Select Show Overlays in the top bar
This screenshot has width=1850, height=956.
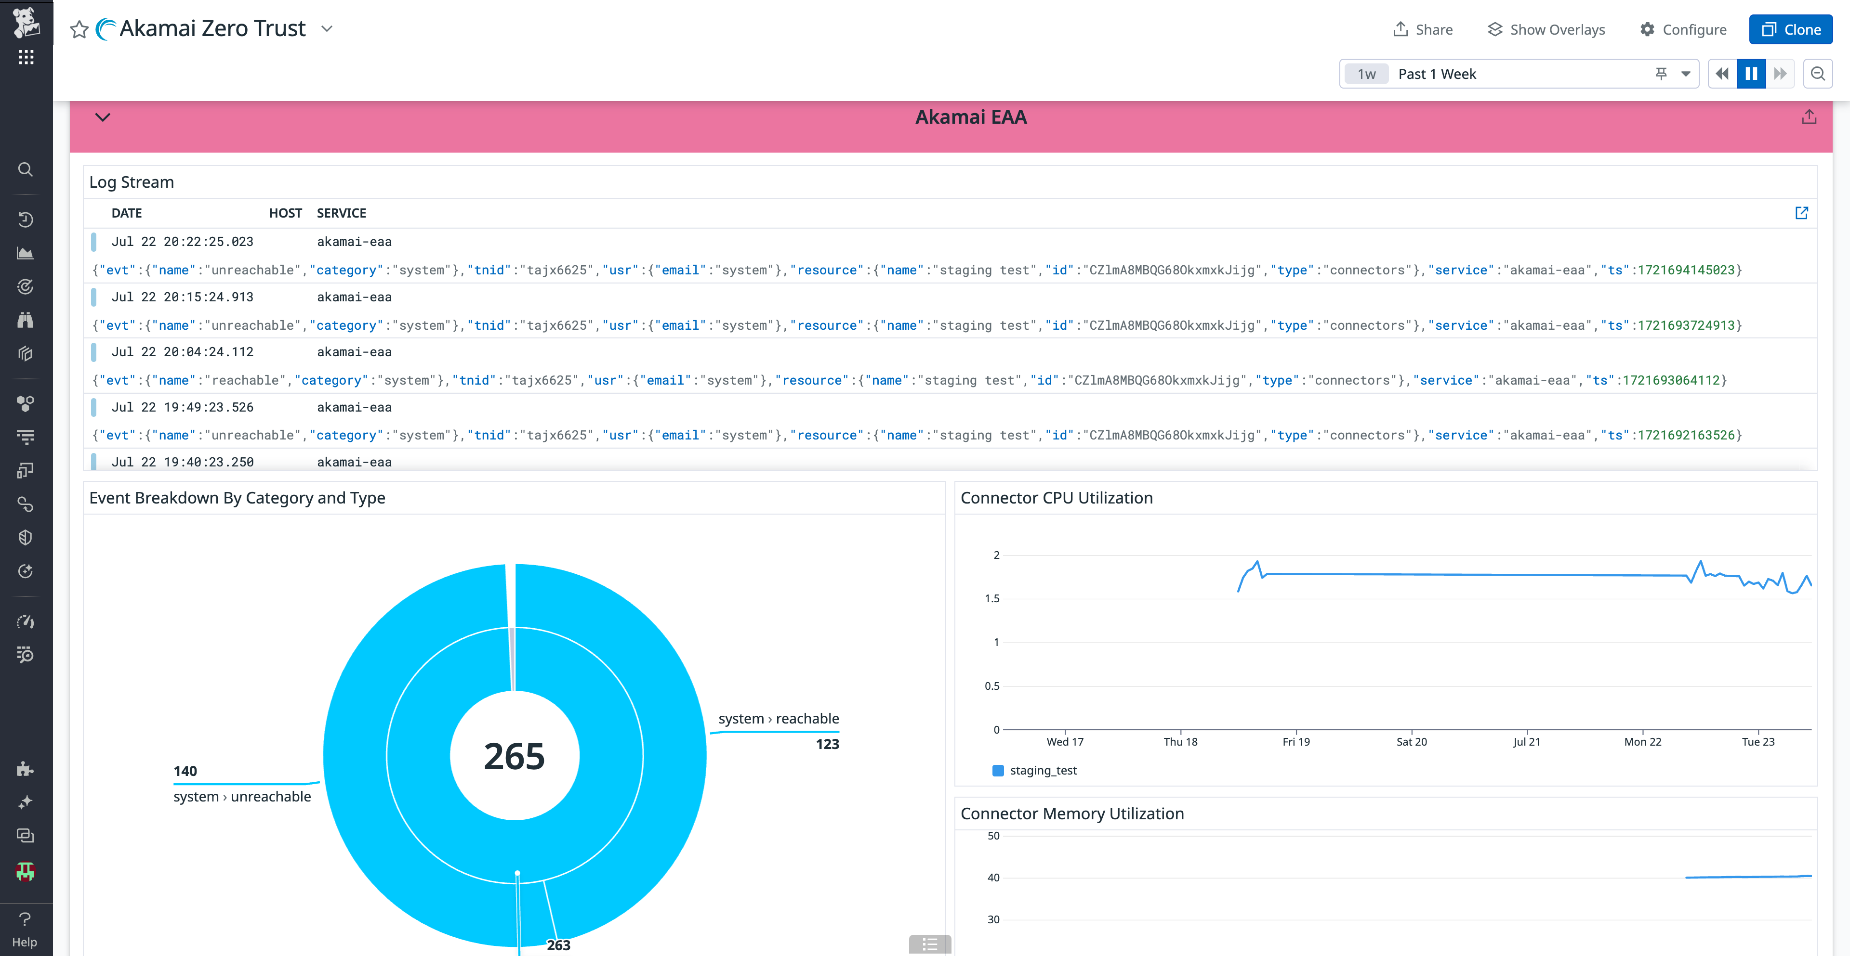(x=1546, y=29)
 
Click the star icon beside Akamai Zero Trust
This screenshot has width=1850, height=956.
(x=79, y=29)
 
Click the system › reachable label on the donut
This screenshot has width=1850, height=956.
(x=779, y=718)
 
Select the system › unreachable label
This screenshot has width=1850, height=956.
(x=242, y=797)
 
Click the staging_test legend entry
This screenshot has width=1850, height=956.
(x=1043, y=770)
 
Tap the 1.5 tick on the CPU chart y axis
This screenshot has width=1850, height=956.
(x=992, y=598)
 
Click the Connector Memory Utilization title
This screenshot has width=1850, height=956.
(x=1071, y=813)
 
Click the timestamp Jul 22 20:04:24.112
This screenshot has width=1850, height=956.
(x=183, y=352)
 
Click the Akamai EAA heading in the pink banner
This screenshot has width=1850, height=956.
(x=970, y=117)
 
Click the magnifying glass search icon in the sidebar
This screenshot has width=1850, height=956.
(x=25, y=169)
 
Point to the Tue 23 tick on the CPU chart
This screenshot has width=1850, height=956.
(x=1757, y=741)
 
